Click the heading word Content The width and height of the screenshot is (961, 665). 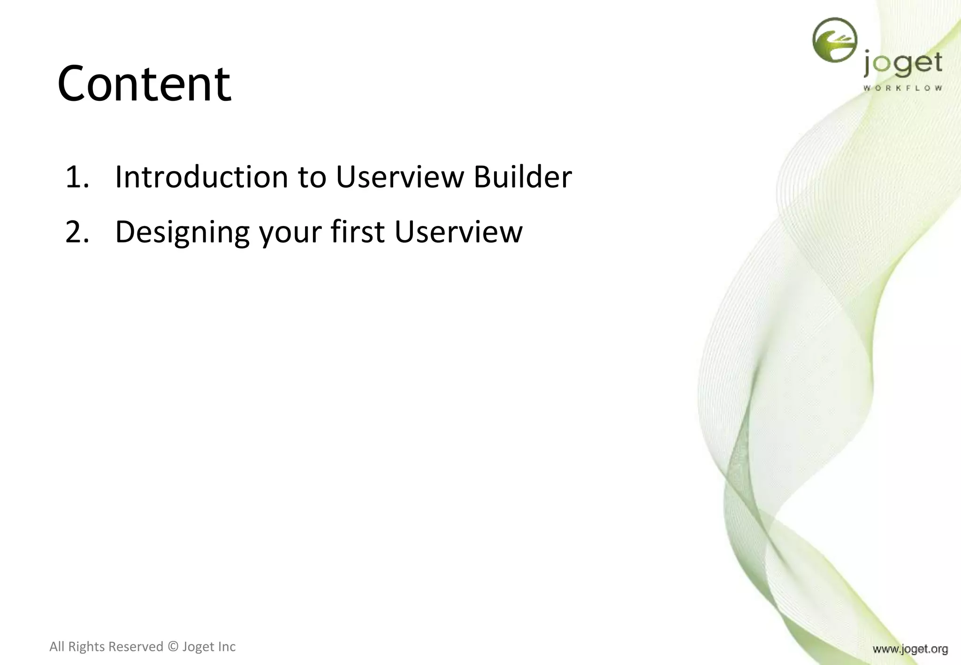tap(144, 84)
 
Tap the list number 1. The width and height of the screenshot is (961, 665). tap(76, 177)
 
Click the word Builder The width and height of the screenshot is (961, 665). tap(522, 177)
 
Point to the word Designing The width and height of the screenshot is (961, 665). tap(182, 232)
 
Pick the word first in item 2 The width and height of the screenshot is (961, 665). tap(358, 232)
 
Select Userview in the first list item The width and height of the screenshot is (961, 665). tap(399, 177)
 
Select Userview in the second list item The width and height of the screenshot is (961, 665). tap(458, 232)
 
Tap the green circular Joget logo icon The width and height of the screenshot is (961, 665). tap(834, 40)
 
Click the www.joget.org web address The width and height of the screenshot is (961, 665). tap(910, 649)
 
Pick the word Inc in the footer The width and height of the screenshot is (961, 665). tap(226, 647)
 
